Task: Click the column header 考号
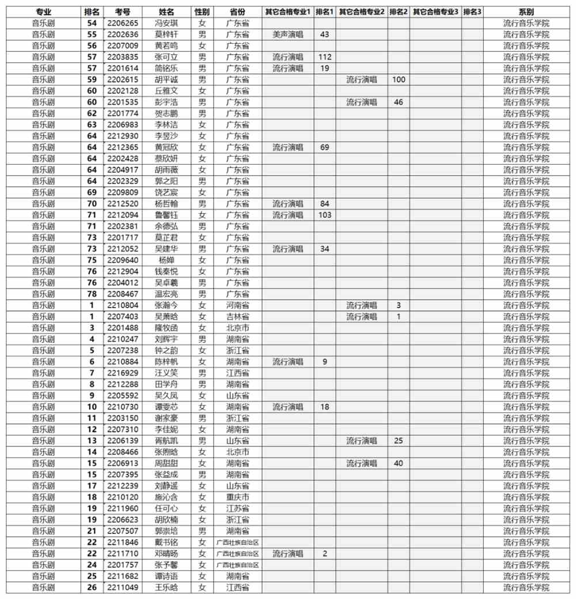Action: click(x=122, y=12)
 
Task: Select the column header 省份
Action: click(x=237, y=12)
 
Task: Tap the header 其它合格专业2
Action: click(x=361, y=12)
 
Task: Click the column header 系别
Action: click(x=526, y=12)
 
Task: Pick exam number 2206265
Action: click(x=123, y=23)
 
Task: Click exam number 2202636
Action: click(x=123, y=35)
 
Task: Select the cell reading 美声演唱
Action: click(x=287, y=35)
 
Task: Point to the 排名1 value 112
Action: click(x=324, y=57)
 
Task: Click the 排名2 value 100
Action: click(x=398, y=79)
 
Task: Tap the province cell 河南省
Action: click(x=237, y=305)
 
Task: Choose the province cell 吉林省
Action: click(x=237, y=317)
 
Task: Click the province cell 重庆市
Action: click(x=237, y=497)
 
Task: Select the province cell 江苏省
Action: click(x=237, y=509)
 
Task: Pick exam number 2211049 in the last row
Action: click(x=123, y=587)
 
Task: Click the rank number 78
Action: click(x=92, y=294)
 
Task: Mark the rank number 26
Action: click(x=92, y=587)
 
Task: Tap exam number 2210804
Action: click(x=123, y=305)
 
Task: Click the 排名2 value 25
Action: click(x=398, y=441)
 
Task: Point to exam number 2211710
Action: click(x=123, y=553)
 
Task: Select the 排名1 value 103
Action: click(x=324, y=215)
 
